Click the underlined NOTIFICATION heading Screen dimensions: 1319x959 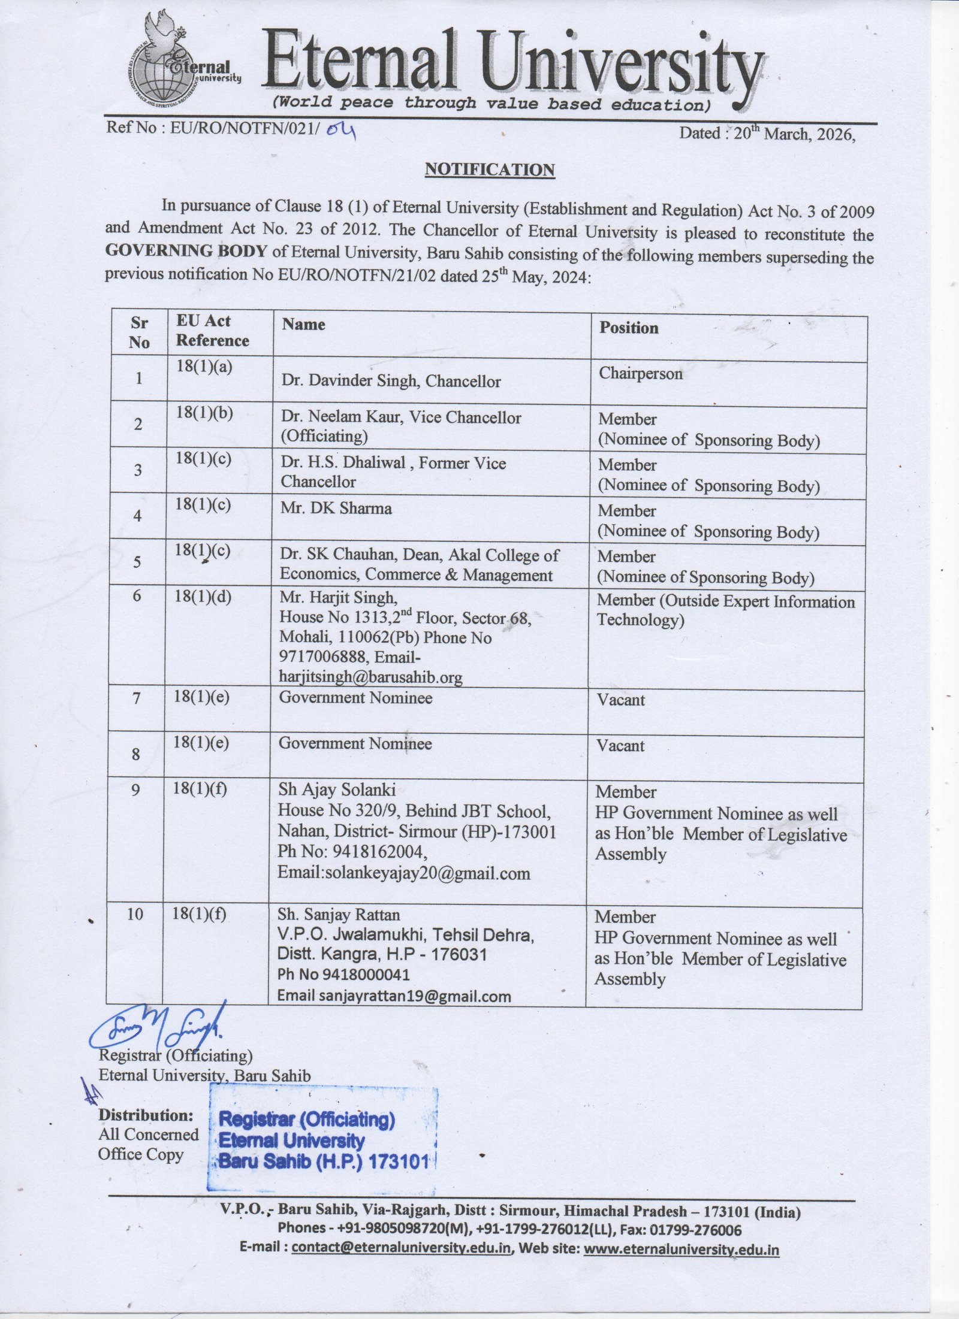[489, 170]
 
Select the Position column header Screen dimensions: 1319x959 [629, 328]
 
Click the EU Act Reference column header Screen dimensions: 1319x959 [212, 331]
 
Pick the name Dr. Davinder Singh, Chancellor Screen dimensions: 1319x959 [391, 381]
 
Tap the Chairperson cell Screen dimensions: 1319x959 [640, 374]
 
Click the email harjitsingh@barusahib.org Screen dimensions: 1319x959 [371, 677]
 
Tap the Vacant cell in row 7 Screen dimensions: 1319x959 [620, 700]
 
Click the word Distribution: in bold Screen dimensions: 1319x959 [146, 1115]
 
